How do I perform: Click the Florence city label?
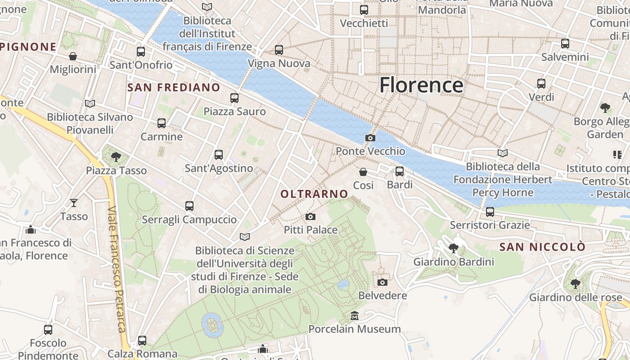point(421,85)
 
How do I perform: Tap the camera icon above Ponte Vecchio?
point(370,138)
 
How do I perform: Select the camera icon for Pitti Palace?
point(310,216)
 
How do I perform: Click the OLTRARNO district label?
point(314,194)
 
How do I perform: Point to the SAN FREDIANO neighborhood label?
point(174,87)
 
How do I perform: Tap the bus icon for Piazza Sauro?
point(234,98)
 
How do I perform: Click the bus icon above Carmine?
point(161,123)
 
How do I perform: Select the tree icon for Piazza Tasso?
point(116,157)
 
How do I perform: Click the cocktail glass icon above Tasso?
point(74,203)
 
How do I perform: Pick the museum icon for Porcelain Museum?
point(354,315)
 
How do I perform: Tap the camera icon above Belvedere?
point(382,282)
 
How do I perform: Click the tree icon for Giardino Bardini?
point(454,248)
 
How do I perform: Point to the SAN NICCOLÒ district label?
point(542,247)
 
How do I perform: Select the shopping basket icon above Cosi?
point(363,171)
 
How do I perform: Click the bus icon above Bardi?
point(399,171)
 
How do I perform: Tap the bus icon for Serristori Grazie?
point(490,211)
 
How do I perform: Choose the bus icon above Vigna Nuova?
point(279,49)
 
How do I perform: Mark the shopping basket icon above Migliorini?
point(73,56)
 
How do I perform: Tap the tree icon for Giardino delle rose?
point(575,283)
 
